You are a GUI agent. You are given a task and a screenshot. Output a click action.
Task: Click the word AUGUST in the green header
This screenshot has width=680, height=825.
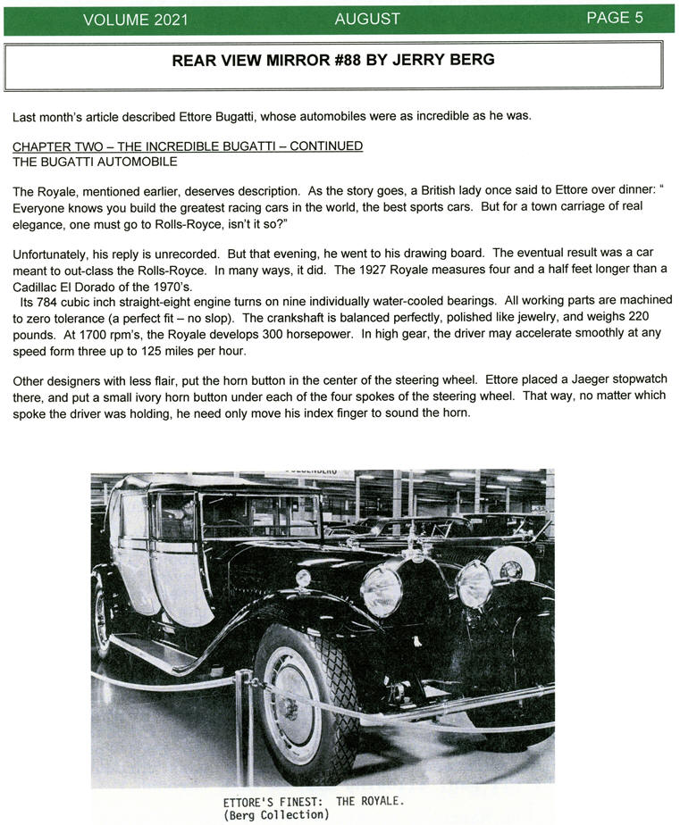(x=367, y=19)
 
